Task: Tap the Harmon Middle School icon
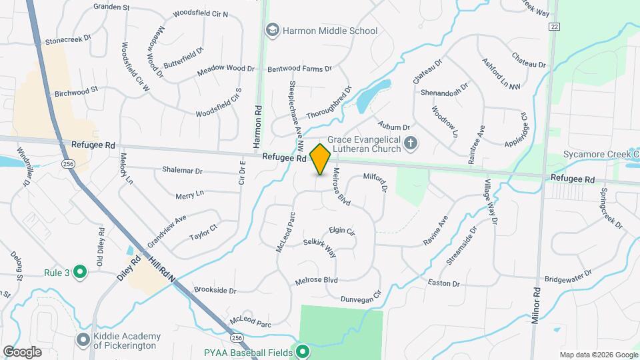click(272, 30)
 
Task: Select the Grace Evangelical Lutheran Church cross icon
click(411, 143)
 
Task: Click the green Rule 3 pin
click(80, 271)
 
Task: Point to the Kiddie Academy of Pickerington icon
click(83, 340)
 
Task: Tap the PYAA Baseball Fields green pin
click(303, 351)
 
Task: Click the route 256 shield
click(67, 163)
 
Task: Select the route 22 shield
click(554, 26)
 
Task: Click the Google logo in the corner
click(23, 351)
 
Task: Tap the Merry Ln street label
click(189, 195)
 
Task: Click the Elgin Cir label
click(341, 231)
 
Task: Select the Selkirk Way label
click(320, 248)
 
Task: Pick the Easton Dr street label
click(444, 283)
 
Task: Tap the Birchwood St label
click(76, 89)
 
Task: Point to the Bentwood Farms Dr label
click(299, 69)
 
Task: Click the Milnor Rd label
click(535, 306)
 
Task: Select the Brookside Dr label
click(215, 290)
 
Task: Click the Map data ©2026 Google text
click(597, 355)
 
